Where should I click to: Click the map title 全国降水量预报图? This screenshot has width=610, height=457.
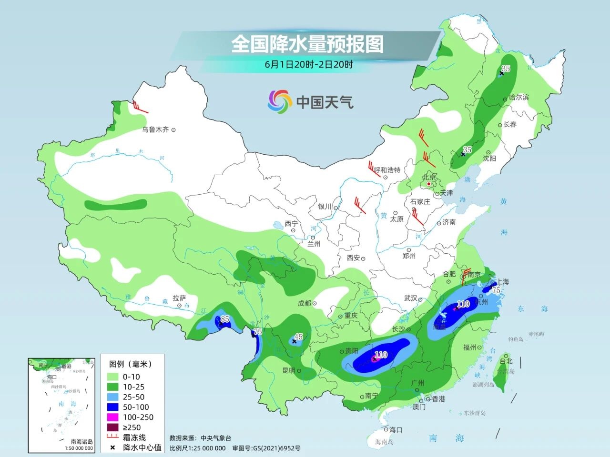(307, 44)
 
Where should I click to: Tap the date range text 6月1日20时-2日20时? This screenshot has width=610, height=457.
(309, 65)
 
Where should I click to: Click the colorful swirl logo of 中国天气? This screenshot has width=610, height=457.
(279, 102)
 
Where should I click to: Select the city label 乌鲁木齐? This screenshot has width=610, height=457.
(155, 129)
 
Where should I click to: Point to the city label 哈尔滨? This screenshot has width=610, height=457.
(519, 97)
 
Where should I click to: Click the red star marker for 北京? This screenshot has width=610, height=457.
(429, 184)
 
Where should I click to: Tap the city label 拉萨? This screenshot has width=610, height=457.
(179, 298)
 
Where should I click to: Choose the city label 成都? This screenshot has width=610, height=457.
(304, 303)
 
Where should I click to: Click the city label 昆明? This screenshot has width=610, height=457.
(289, 370)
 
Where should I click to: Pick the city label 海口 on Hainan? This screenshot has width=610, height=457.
(396, 429)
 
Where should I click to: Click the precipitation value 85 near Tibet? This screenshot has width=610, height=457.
(225, 318)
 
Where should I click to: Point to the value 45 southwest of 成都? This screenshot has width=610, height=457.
(298, 337)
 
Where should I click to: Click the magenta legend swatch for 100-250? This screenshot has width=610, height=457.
(112, 417)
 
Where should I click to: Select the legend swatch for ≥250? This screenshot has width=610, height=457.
(112, 427)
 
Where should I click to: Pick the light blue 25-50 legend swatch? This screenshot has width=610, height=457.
(112, 397)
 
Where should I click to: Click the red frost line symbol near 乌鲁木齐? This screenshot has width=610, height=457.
(139, 108)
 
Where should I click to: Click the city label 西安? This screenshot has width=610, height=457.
(353, 258)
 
